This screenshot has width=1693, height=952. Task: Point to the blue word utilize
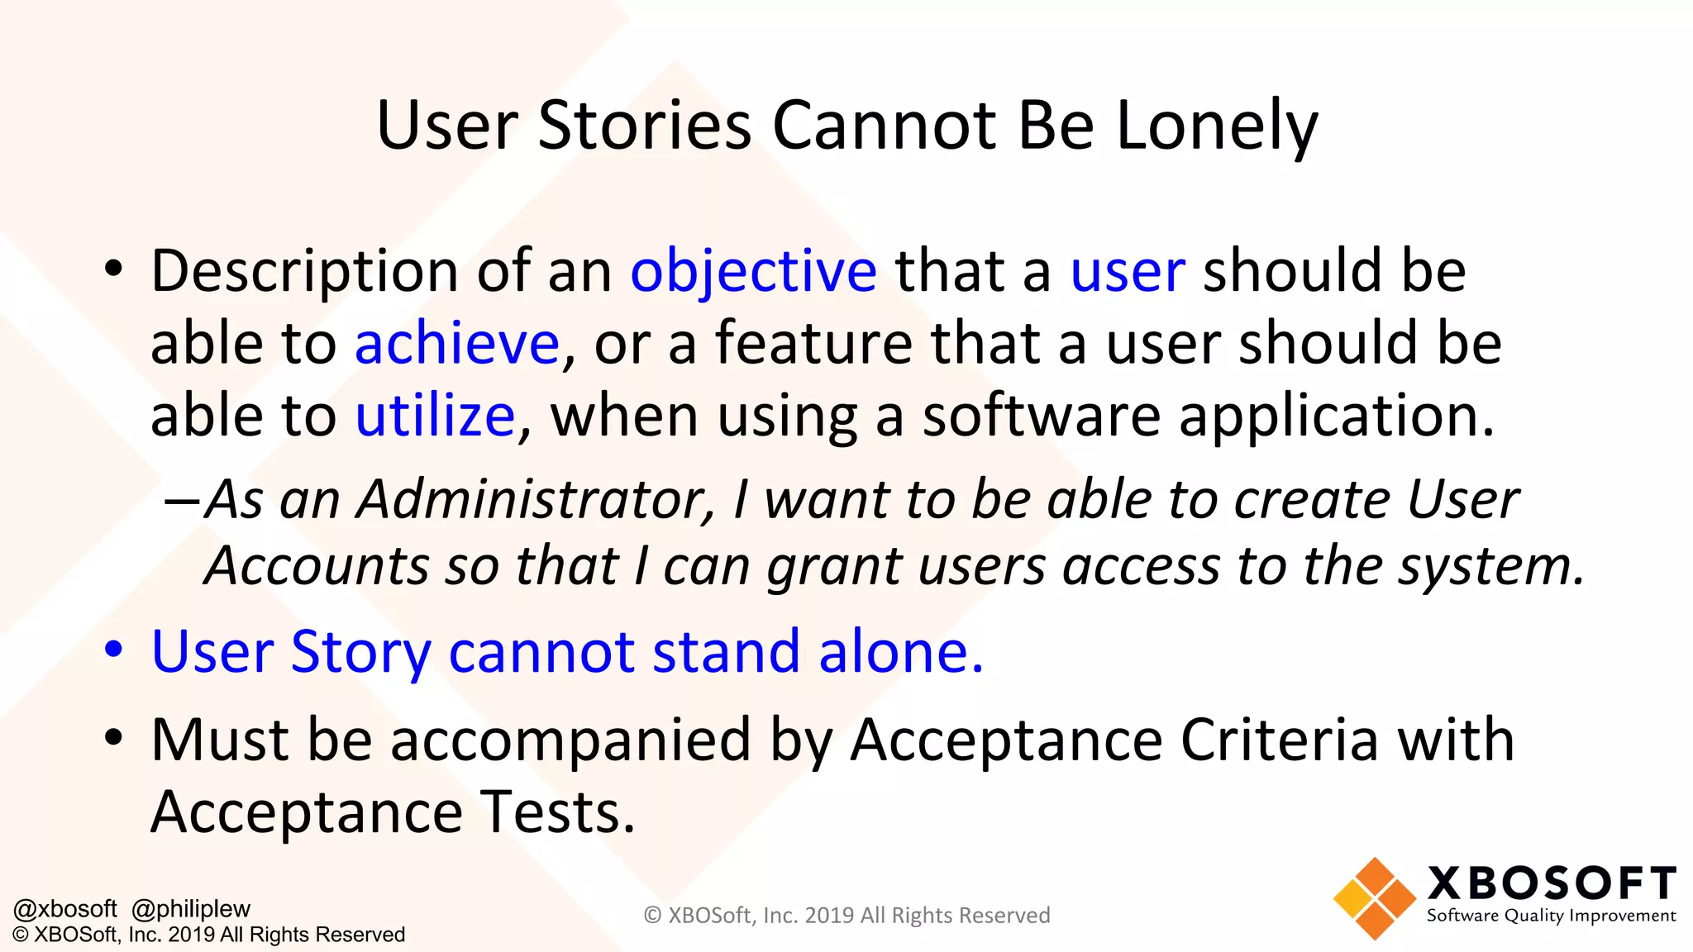[435, 415]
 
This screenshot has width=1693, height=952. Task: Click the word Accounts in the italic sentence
[315, 566]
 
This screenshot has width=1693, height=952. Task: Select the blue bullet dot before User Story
[114, 649]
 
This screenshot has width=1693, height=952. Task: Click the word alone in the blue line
[900, 651]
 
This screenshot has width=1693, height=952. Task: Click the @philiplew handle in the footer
[191, 909]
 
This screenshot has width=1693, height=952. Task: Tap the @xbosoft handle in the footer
[65, 909]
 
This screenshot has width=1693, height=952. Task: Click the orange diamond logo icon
[1374, 898]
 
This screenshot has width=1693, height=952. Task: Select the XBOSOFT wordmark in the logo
[1551, 883]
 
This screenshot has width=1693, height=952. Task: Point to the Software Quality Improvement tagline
[1551, 916]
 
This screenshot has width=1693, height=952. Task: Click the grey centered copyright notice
[846, 916]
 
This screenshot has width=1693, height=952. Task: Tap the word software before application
[1041, 415]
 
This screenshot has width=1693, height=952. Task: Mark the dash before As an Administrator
[181, 501]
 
